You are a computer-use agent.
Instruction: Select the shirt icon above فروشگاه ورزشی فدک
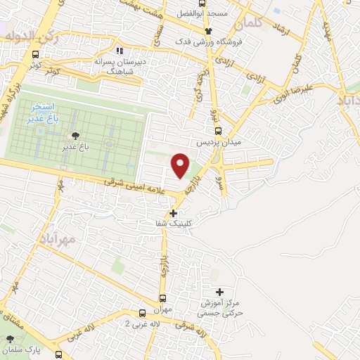point(208,31)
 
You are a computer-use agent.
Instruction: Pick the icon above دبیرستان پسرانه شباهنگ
point(120,51)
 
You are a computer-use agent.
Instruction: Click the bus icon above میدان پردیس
point(219,130)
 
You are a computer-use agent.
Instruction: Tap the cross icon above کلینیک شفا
point(174,212)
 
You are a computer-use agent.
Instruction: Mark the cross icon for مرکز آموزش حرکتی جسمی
point(219,292)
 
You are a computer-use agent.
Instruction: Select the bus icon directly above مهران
point(163,298)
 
